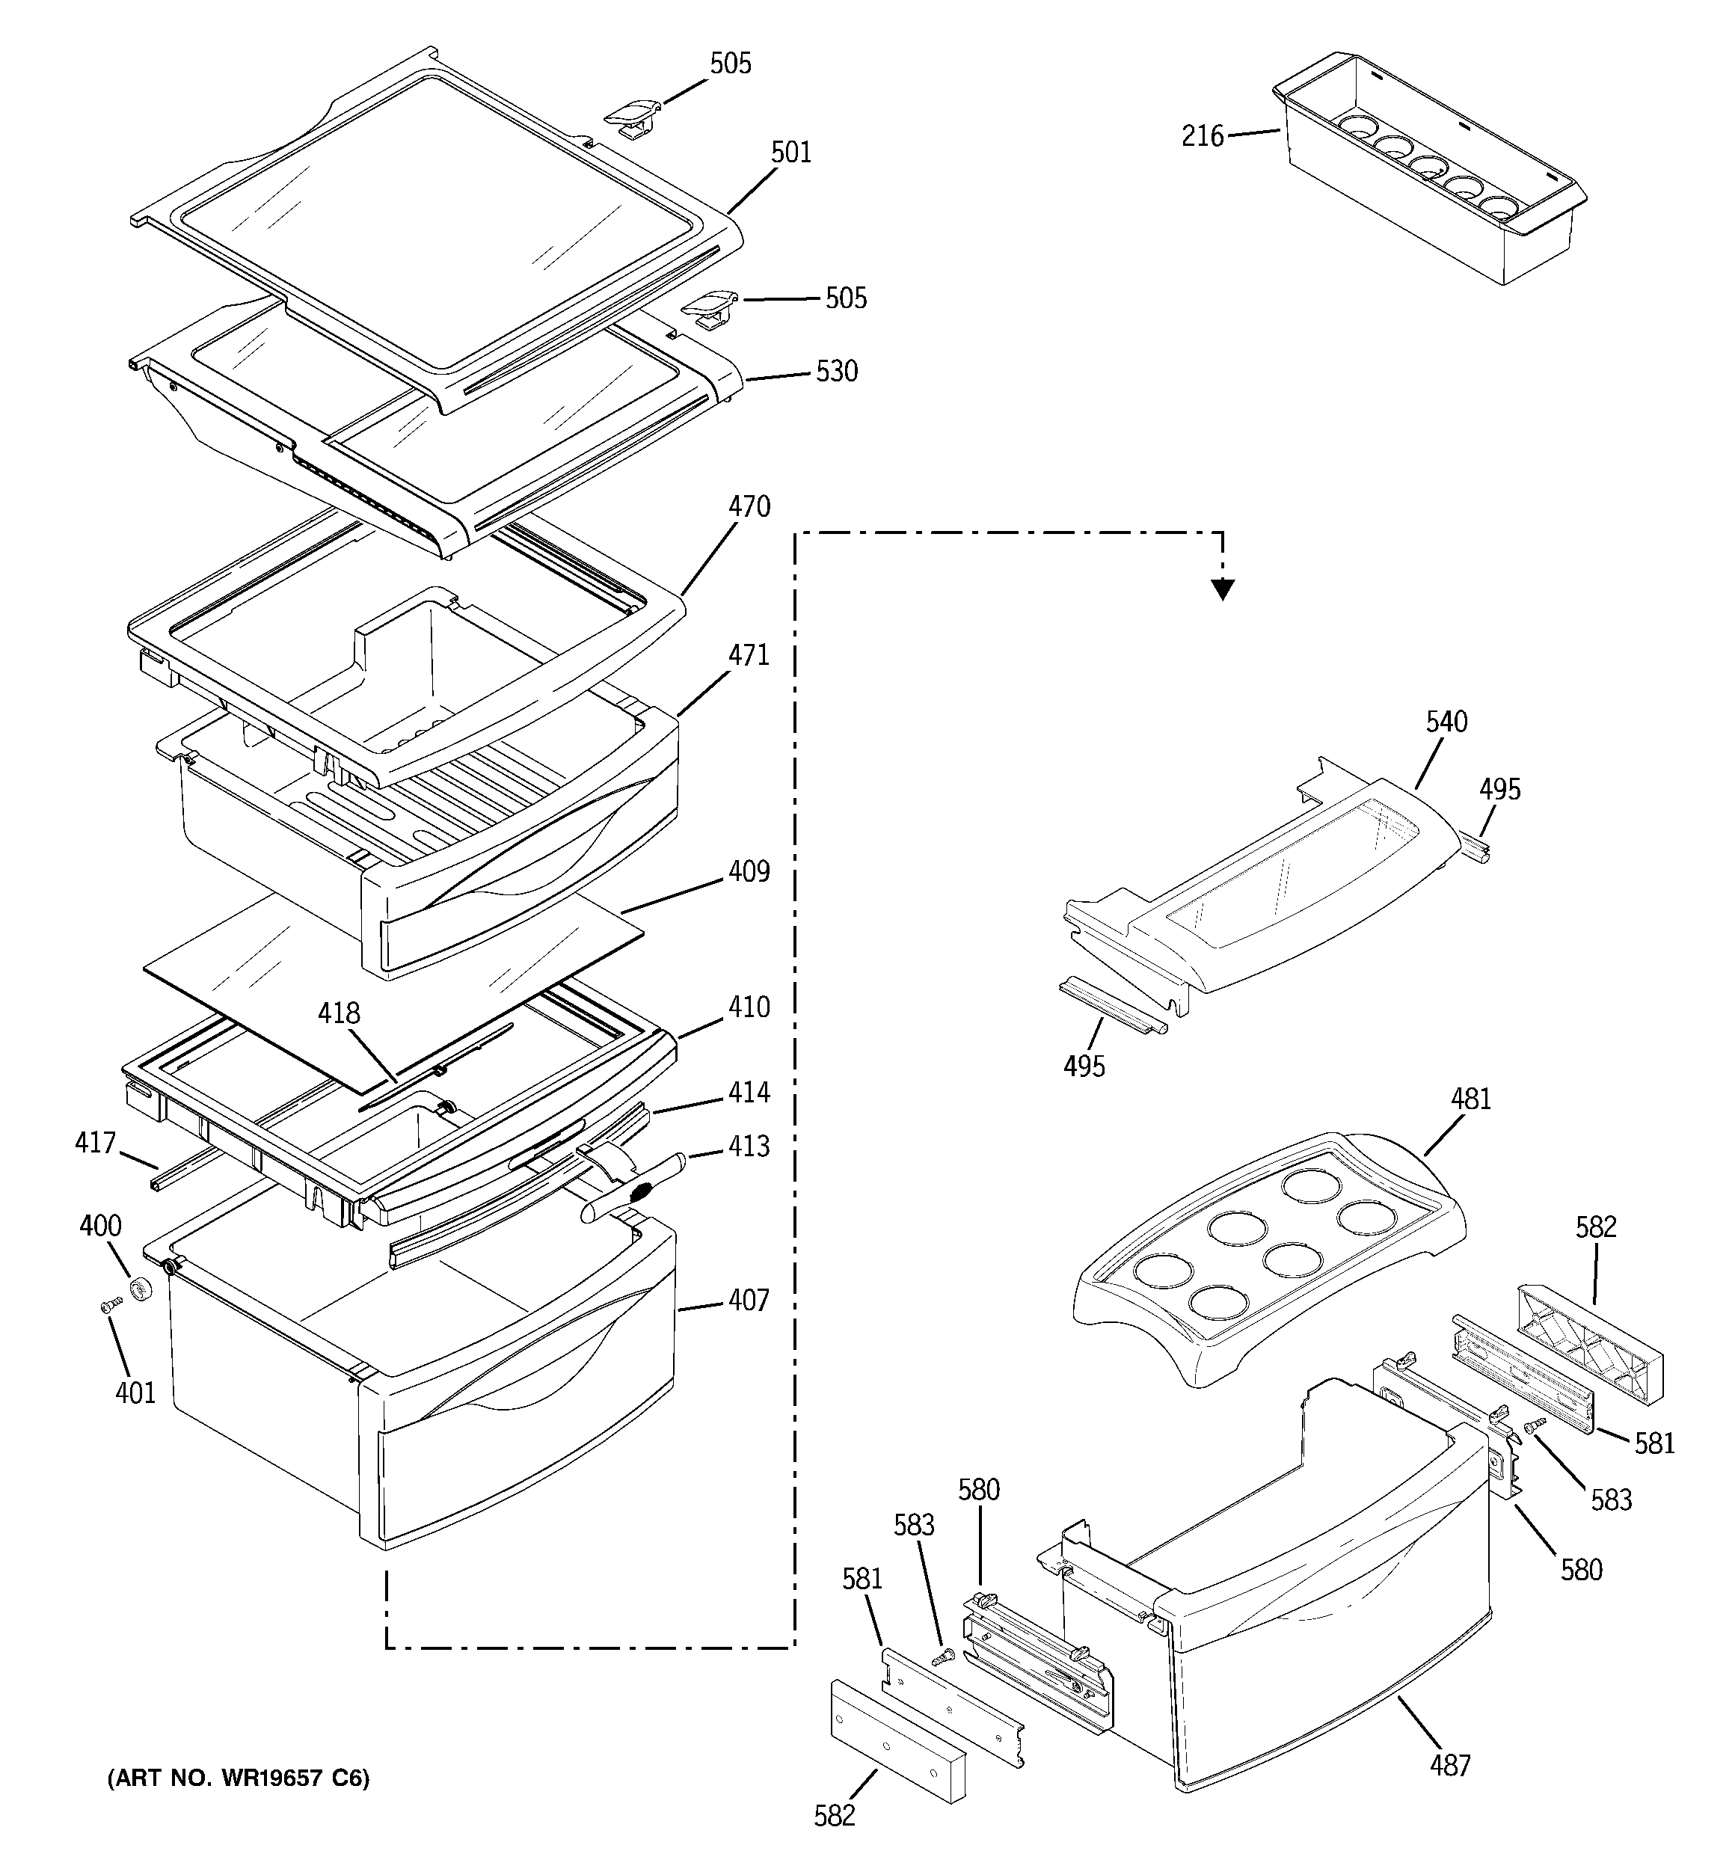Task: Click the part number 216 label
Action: coord(1203,137)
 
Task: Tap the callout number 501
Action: coord(790,153)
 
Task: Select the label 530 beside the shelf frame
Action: coord(836,372)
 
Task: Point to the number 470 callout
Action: coord(749,508)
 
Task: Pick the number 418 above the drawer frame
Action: coord(339,1014)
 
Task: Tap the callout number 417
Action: coord(95,1143)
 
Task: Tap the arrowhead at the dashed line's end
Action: coord(1223,589)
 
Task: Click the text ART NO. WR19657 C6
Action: coord(239,1779)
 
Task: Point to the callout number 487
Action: coord(1450,1764)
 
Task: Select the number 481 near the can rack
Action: coord(1470,1099)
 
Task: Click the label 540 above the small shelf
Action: coord(1446,722)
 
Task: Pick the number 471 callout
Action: coord(749,655)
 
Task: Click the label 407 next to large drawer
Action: coord(749,1300)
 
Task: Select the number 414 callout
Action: coord(749,1092)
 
